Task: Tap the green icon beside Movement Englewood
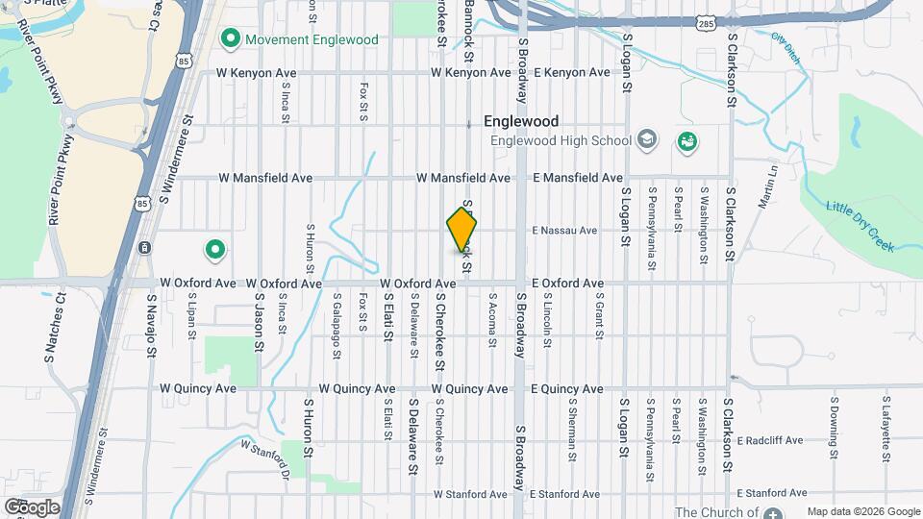[230, 39]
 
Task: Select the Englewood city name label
[521, 122]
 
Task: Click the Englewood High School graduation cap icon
[647, 140]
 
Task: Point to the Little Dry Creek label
[861, 226]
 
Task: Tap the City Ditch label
[786, 47]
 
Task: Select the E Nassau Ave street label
[565, 231]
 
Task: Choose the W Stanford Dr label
[266, 458]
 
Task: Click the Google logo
[32, 507]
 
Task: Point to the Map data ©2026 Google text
[862, 511]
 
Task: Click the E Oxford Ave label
[568, 284]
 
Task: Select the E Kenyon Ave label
[572, 72]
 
